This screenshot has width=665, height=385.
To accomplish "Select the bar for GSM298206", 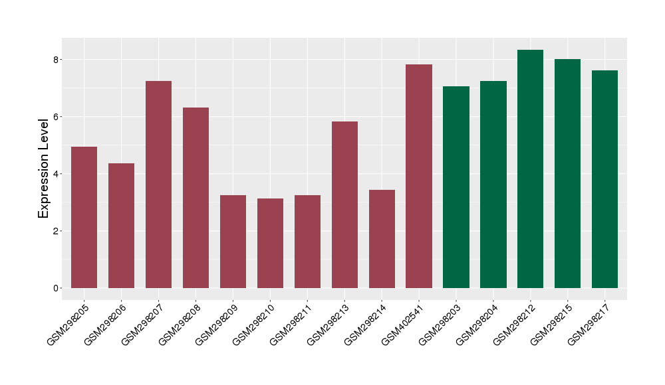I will [x=122, y=226].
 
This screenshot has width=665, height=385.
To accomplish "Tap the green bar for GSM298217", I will [x=605, y=179].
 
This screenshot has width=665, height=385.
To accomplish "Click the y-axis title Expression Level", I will [x=44, y=169].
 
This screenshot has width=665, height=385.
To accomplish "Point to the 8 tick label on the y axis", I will [x=57, y=60].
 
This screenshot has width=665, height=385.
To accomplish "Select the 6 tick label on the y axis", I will [x=57, y=117].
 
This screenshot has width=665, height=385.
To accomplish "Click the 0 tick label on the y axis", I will [x=57, y=288].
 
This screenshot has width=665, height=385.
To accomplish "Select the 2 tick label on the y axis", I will [x=57, y=231].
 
